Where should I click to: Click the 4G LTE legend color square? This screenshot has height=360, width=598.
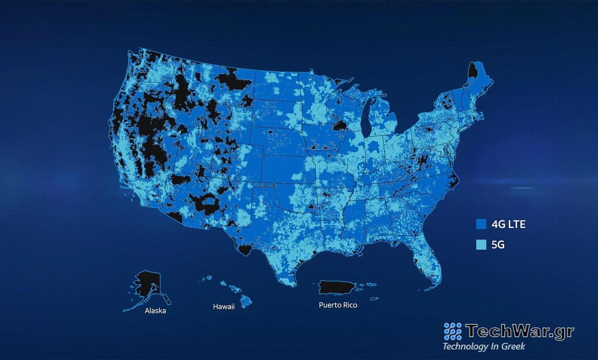click(x=481, y=224)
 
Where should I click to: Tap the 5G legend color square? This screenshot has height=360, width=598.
click(x=481, y=245)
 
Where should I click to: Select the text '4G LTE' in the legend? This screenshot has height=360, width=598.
click(x=508, y=224)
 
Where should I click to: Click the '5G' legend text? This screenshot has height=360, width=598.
click(x=498, y=245)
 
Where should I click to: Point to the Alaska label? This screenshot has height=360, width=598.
click(x=155, y=311)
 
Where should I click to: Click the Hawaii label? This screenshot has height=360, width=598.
click(x=224, y=306)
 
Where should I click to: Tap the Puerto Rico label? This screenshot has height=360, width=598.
click(x=338, y=305)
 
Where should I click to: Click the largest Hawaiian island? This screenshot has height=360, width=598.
click(x=247, y=301)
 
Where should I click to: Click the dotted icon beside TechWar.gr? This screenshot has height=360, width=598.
click(x=453, y=331)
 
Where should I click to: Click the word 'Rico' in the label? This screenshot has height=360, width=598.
click(x=349, y=305)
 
